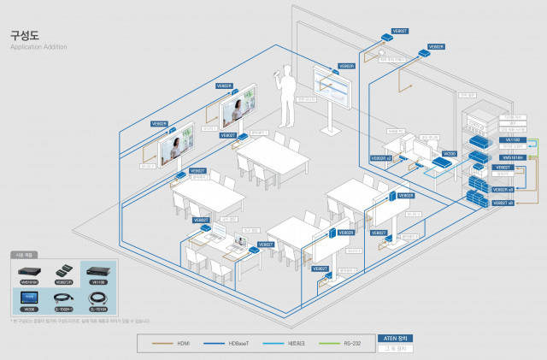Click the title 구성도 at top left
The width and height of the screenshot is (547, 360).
[x=21, y=36]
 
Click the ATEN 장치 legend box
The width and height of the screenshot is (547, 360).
[x=398, y=338]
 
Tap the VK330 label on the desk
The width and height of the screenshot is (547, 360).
[x=450, y=154]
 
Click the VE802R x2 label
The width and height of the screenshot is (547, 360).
[x=381, y=158]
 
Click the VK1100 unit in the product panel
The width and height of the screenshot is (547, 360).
[x=98, y=270]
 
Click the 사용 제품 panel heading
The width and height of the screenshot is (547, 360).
[x=24, y=255]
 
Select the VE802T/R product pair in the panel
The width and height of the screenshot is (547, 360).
[x=64, y=271]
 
